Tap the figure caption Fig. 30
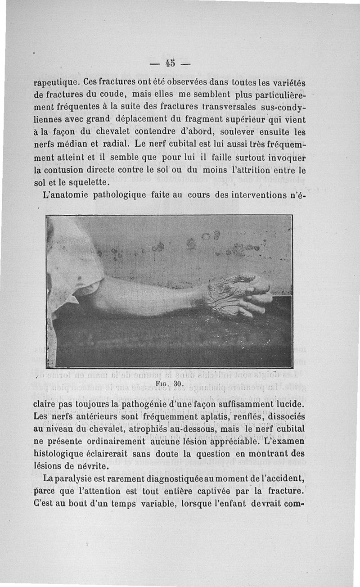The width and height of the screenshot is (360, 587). [167, 383]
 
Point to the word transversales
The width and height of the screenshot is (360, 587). [227, 107]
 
